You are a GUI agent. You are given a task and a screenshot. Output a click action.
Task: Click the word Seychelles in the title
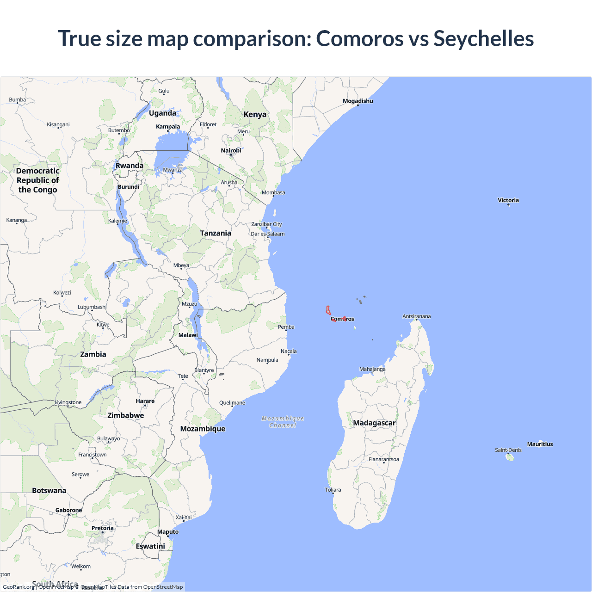coord(483,38)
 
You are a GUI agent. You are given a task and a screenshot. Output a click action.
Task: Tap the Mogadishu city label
coord(358,101)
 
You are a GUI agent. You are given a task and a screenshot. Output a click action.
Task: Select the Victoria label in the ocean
coord(508,200)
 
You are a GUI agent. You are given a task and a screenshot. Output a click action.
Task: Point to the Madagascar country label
coord(374,423)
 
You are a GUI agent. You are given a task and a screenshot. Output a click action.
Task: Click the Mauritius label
coord(540,444)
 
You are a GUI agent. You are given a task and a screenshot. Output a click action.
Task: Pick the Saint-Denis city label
coord(508,450)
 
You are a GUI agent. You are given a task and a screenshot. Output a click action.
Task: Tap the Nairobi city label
coord(231,150)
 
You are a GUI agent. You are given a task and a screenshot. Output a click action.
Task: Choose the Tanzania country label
coord(216,233)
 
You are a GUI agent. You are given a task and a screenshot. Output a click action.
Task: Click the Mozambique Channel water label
coord(283,422)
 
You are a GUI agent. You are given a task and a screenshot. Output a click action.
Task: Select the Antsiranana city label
coord(416,316)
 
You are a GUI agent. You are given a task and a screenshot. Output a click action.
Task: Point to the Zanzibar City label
coord(266,224)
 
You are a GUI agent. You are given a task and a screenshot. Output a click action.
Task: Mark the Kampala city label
coord(168,127)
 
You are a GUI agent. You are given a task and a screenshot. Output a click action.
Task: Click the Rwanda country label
coord(129,166)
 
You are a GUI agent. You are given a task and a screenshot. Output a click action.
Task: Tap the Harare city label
coord(145,401)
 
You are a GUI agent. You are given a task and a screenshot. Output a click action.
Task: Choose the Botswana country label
coord(49,490)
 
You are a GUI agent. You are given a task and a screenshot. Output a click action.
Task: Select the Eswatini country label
coord(150,546)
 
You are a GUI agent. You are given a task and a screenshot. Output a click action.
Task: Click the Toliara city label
coord(333,490)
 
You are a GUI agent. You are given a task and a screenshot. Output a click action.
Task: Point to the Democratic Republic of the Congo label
coord(38,180)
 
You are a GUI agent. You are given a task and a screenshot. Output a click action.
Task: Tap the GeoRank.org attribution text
coord(18,587)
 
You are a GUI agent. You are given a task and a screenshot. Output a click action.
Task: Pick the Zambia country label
coord(93,354)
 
